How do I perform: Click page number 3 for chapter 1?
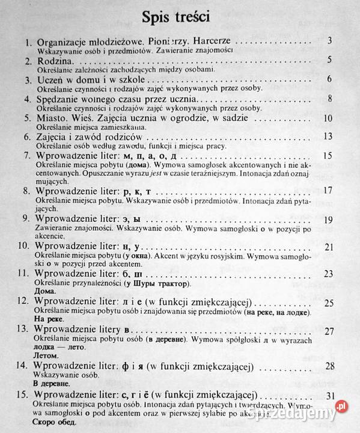pos(331,41)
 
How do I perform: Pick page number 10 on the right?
pos(328,118)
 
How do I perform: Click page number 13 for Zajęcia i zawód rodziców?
pos(328,137)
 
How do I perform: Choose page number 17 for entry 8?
pos(328,191)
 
